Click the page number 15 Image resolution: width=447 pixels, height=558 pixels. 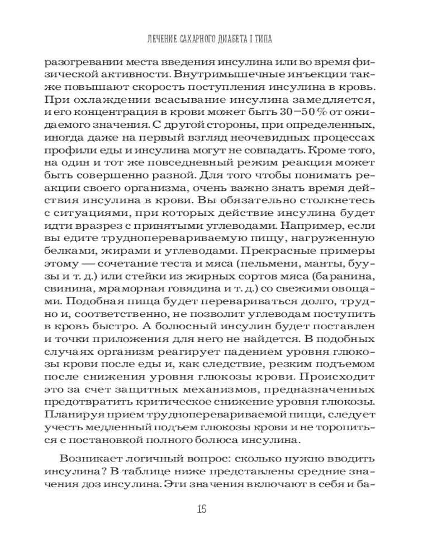click(x=202, y=508)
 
